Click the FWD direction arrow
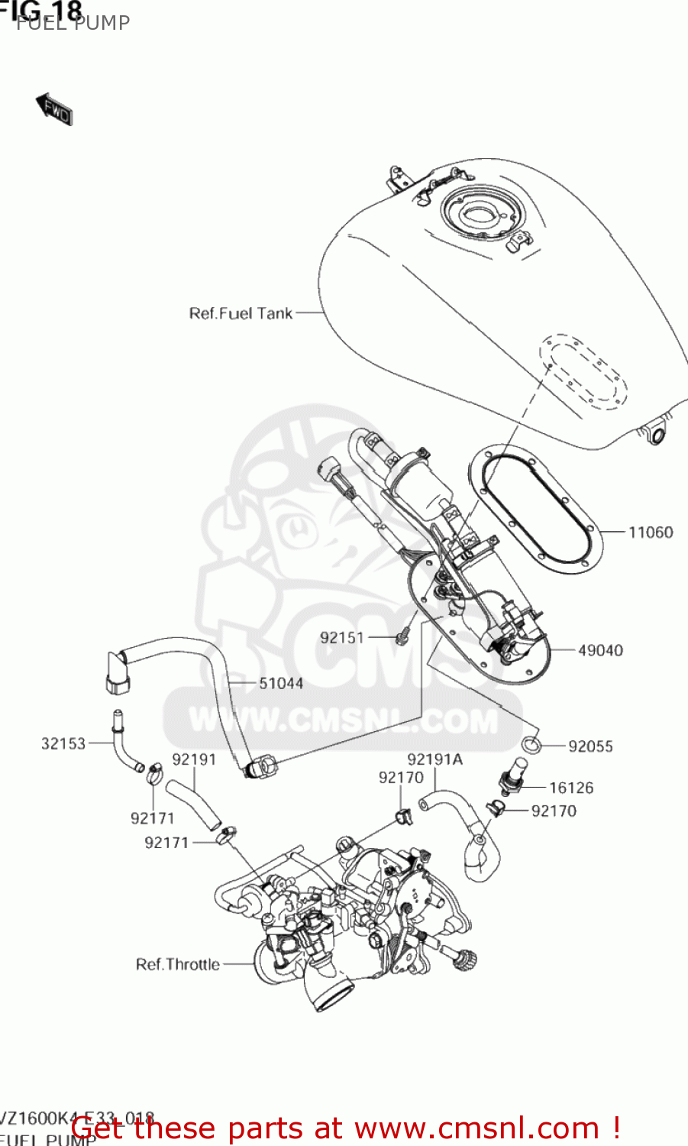pyautogui.click(x=54, y=109)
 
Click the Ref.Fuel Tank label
pyautogui.click(x=241, y=313)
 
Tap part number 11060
pyautogui.click(x=651, y=532)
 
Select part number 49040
pyautogui.click(x=600, y=650)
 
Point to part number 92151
pyautogui.click(x=342, y=637)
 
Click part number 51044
pyautogui.click(x=281, y=683)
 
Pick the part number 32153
pyautogui.click(x=63, y=743)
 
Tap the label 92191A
pyautogui.click(x=435, y=759)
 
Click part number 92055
pyautogui.click(x=590, y=746)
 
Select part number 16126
pyautogui.click(x=571, y=788)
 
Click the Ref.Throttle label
pyautogui.click(x=177, y=964)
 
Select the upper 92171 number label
pyautogui.click(x=153, y=818)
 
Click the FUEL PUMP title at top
pyautogui.click(x=73, y=23)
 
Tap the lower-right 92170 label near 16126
pyautogui.click(x=554, y=811)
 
